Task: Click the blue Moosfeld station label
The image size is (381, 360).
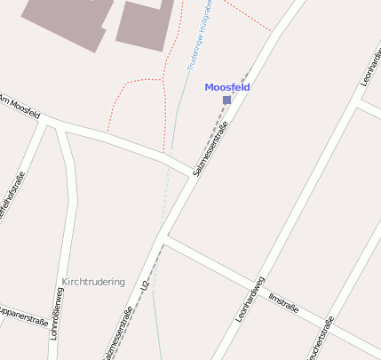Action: (x=226, y=87)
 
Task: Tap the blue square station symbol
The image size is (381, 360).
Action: (x=226, y=100)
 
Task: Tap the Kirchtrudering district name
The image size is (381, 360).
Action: (x=93, y=282)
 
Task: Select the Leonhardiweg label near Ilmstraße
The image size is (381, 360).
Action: (x=250, y=299)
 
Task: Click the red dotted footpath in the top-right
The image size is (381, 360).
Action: (x=249, y=16)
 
